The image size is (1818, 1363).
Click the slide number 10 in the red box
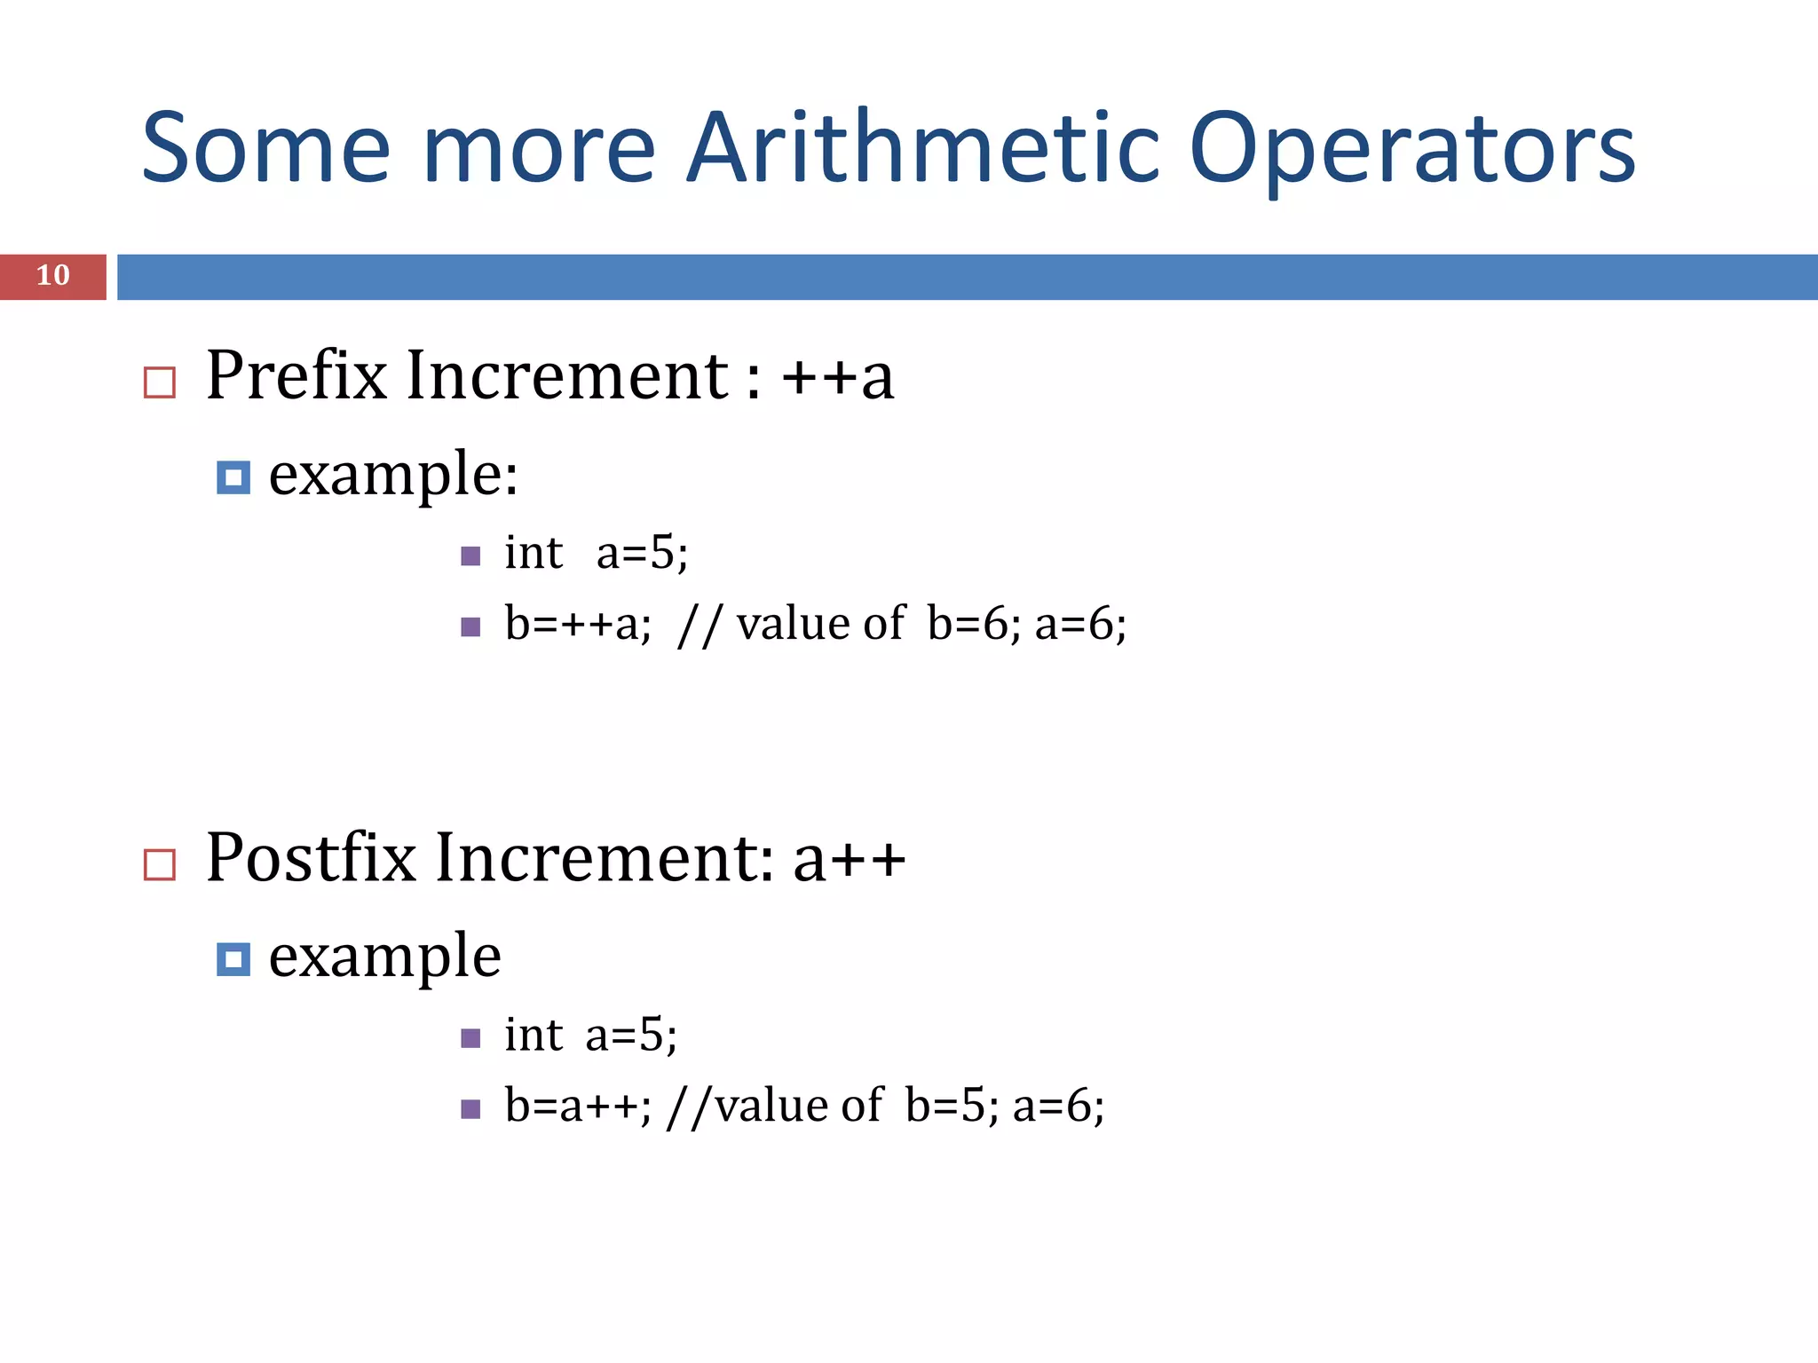(x=53, y=276)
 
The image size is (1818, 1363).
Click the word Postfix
(x=311, y=858)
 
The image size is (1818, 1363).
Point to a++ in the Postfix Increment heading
(x=850, y=860)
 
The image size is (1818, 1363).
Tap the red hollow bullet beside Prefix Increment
(x=160, y=382)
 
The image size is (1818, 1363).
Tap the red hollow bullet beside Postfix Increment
(x=160, y=864)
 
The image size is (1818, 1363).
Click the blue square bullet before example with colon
(x=233, y=477)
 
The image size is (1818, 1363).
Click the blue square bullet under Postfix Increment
(x=233, y=959)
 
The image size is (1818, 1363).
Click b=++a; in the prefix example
(x=578, y=623)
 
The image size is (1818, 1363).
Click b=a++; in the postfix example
(x=578, y=1106)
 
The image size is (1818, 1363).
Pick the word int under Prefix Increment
(x=534, y=553)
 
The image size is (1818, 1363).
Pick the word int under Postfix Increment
(x=534, y=1035)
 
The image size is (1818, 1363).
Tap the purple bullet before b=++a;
(x=471, y=627)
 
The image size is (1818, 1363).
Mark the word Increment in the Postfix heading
(x=604, y=858)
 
